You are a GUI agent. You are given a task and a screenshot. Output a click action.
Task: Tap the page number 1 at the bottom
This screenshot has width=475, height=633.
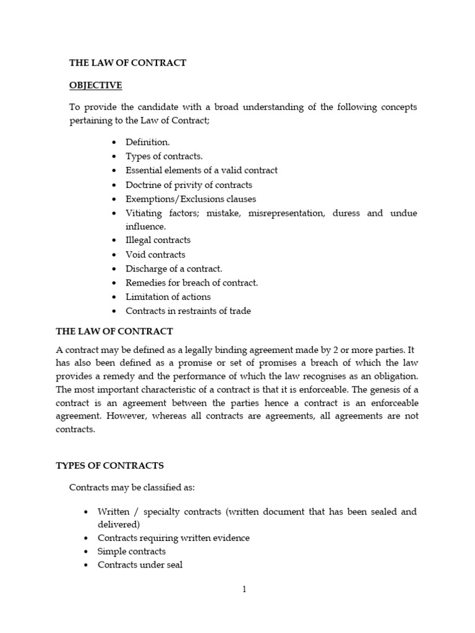point(244,590)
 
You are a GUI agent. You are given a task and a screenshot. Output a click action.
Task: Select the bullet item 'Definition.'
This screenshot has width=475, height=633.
point(147,142)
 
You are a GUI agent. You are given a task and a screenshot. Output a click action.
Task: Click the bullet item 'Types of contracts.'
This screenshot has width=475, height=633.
point(164,156)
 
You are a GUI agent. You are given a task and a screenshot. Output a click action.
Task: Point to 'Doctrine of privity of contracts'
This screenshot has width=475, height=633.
point(189,185)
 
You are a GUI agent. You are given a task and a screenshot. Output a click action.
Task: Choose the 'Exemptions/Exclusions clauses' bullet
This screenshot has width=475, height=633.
point(190,199)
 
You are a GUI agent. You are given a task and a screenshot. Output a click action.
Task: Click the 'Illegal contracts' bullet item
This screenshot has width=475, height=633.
point(158,240)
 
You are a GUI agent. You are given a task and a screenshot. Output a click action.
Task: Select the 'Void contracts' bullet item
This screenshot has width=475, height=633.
point(155,254)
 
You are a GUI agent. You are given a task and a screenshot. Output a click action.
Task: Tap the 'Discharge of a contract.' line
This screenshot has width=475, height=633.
point(174,268)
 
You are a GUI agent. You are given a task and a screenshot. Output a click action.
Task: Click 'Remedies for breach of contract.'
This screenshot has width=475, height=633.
point(192,283)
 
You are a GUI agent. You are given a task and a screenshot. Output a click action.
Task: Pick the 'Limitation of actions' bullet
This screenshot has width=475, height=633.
point(168,297)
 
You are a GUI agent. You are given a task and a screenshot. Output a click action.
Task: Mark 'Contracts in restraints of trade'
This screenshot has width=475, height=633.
point(188,311)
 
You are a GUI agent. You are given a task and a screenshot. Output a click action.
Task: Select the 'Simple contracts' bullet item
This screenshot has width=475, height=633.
point(132,551)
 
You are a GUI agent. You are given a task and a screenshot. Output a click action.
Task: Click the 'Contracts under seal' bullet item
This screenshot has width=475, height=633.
point(140,564)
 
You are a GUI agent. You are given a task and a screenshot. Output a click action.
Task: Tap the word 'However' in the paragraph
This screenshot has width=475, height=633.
point(126,416)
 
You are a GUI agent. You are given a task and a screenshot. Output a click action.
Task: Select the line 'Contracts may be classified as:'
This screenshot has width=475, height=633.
point(132,487)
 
